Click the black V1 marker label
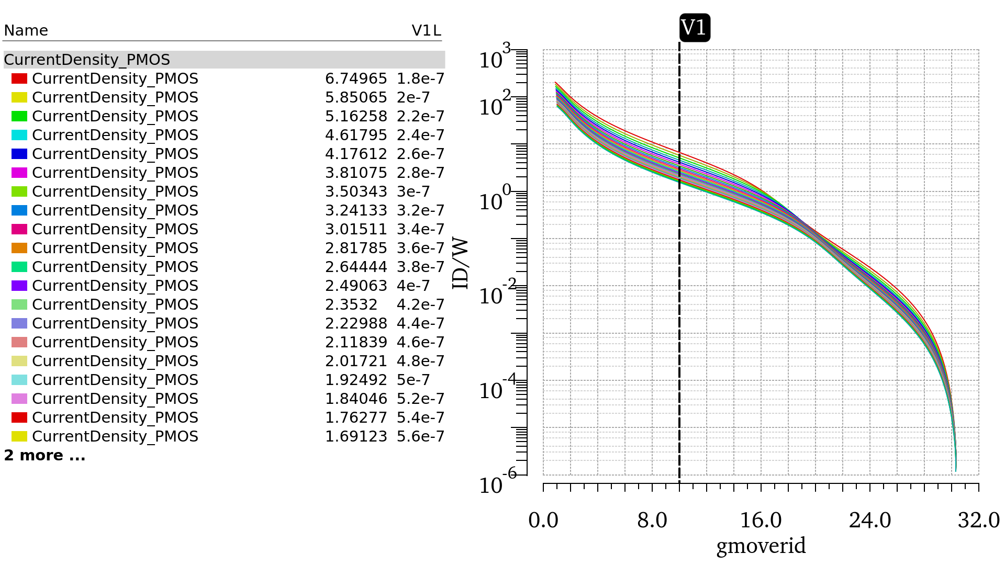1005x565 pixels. pyautogui.click(x=695, y=27)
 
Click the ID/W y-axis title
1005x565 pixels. pyautogui.click(x=461, y=264)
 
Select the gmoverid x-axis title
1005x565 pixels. pyautogui.click(x=761, y=546)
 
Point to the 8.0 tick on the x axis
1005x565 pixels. pyautogui.click(x=652, y=521)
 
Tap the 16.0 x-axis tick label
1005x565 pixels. pyautogui.click(x=761, y=521)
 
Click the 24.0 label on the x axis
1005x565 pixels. pyautogui.click(x=870, y=521)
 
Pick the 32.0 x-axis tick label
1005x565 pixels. pyautogui.click(x=978, y=521)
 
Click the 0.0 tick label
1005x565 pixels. pyautogui.click(x=543, y=521)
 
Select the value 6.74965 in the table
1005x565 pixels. pyautogui.click(x=356, y=78)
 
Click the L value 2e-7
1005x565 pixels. pyautogui.click(x=413, y=97)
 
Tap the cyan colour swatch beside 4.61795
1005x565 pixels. pyautogui.click(x=19, y=135)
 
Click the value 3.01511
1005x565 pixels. pyautogui.click(x=356, y=229)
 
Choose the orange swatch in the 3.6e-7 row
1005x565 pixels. pyautogui.click(x=19, y=248)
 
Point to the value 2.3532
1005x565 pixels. pyautogui.click(x=351, y=304)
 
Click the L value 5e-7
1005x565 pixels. pyautogui.click(x=413, y=380)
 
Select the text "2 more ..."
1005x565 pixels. pyautogui.click(x=44, y=455)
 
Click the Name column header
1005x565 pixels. pyautogui.click(x=26, y=30)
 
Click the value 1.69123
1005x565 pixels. pyautogui.click(x=356, y=436)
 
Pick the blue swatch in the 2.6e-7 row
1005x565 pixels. pyautogui.click(x=19, y=154)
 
